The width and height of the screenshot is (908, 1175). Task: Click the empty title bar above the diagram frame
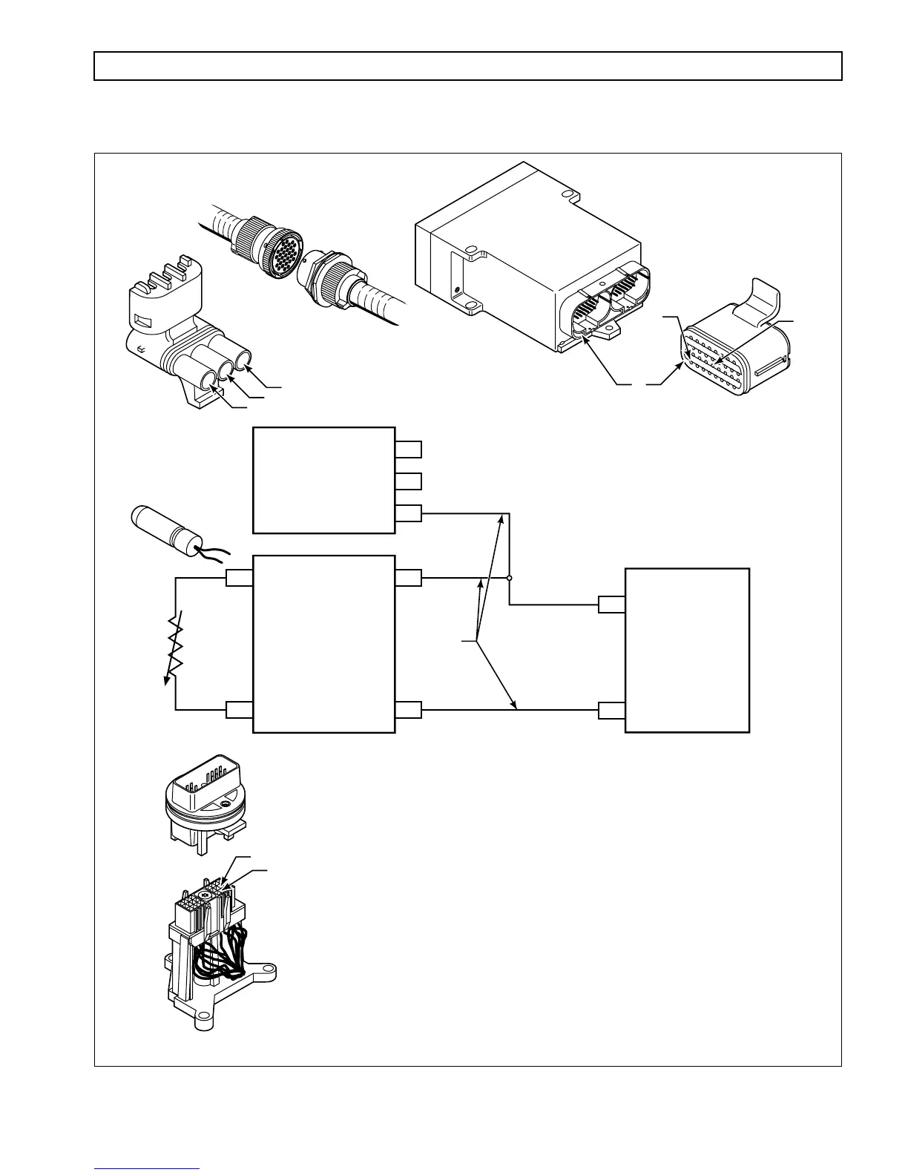(467, 65)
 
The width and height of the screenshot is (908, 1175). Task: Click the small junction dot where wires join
(509, 578)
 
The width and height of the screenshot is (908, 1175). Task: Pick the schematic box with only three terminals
(323, 480)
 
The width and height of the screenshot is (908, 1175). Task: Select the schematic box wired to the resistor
(323, 644)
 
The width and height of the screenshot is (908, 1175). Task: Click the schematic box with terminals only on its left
(687, 650)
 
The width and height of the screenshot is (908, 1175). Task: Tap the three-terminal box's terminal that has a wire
(408, 513)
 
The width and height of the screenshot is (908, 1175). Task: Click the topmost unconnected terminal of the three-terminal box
(408, 449)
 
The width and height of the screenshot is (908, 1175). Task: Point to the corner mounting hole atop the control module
(569, 195)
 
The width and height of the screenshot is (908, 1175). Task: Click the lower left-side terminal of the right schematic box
(611, 711)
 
